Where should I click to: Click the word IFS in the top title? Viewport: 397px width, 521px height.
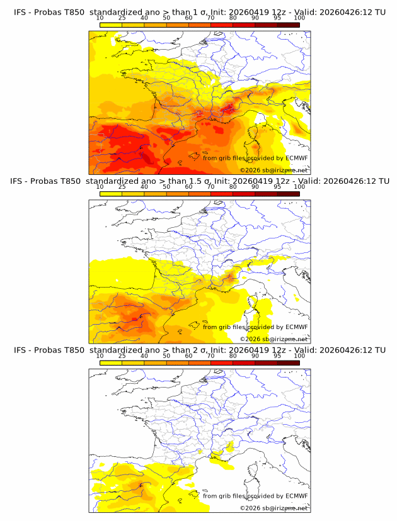click(x=20, y=11)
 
